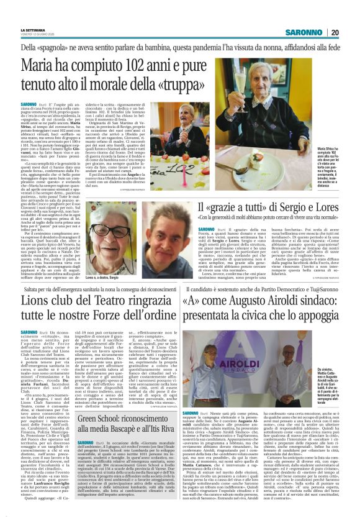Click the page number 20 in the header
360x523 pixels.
coord(352,32)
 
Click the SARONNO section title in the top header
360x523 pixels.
coord(308,32)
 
